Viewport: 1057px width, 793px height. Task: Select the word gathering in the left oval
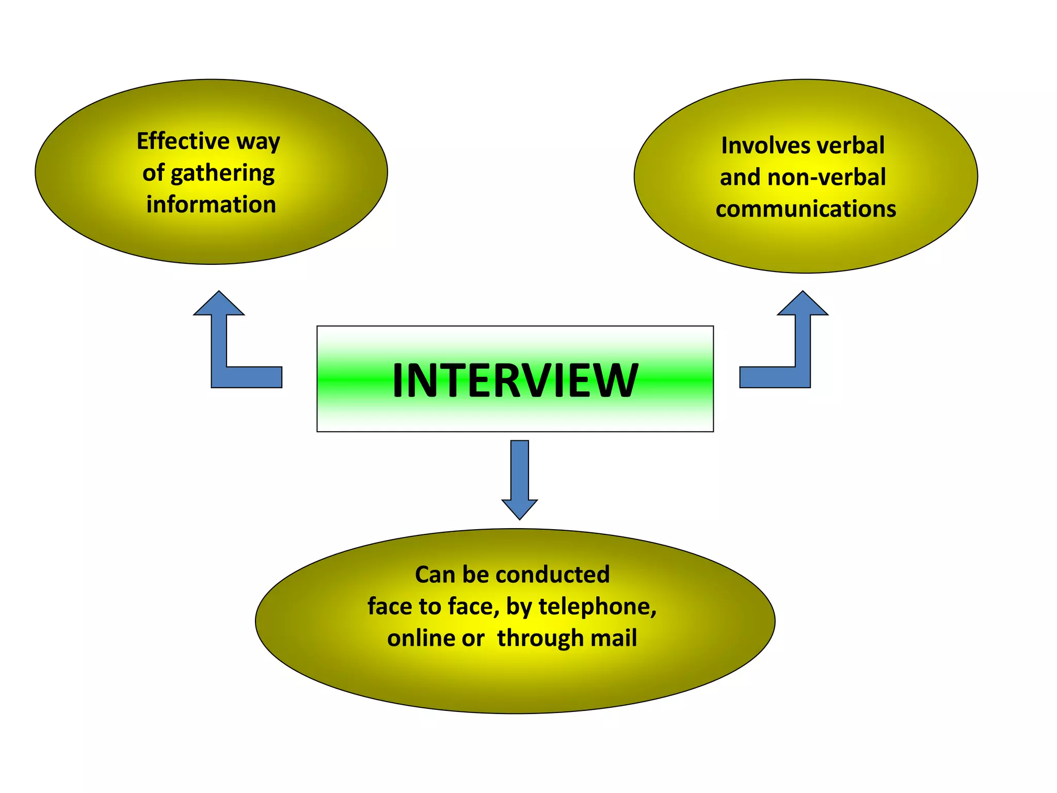tap(222, 173)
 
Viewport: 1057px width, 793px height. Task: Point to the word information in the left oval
tap(211, 204)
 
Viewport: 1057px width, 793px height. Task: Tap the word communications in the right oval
tap(806, 209)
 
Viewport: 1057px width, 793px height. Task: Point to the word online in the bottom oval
tap(421, 638)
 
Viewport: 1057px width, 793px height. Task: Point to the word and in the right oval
tap(740, 177)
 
